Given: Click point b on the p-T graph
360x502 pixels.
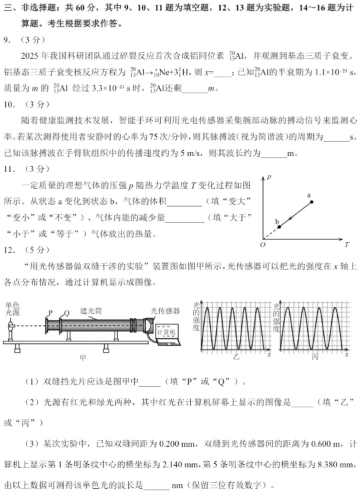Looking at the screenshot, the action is [279, 227].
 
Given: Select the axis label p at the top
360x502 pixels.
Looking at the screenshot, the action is [268, 179].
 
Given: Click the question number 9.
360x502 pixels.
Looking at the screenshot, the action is [6, 40].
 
